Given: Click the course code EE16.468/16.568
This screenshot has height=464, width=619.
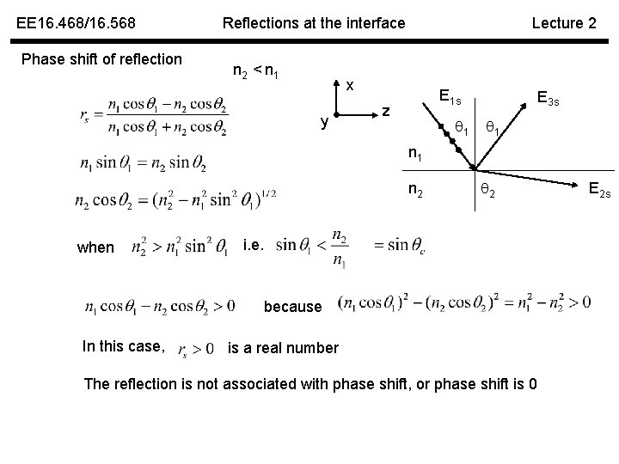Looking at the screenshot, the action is (77, 23).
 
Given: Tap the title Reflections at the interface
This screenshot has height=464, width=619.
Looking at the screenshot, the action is (313, 23).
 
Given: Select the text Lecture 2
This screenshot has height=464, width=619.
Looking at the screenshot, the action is (563, 23).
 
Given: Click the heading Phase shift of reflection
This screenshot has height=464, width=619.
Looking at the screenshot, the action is (101, 59).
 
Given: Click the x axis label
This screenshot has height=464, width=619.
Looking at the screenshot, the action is (350, 86).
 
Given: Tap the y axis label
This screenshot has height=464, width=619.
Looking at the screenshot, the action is (324, 123).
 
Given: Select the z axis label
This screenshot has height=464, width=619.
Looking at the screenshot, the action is (386, 111).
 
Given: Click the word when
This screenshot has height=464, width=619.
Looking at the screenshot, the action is (95, 247).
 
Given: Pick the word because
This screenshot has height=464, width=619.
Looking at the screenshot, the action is (293, 307).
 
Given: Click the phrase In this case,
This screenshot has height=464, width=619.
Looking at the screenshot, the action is (123, 346).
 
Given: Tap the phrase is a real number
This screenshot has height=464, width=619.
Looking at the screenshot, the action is (282, 348).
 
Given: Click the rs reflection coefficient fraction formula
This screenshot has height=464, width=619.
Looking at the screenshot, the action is (162, 118).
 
